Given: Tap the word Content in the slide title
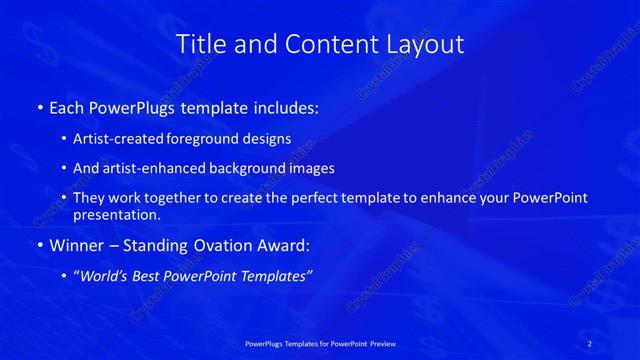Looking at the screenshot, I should [321, 44].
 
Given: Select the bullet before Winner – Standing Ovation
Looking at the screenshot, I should [38, 245].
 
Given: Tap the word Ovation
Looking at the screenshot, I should [229, 245].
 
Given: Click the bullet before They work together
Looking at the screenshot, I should [65, 198].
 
